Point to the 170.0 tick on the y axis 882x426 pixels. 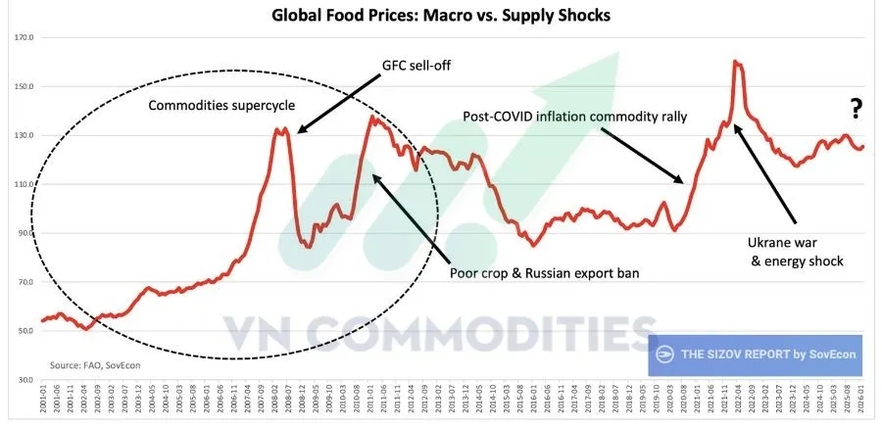tap(24, 37)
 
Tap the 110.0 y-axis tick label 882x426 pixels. tap(24, 184)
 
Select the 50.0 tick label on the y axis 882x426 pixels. tap(24, 331)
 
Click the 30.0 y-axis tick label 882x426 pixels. tap(24, 380)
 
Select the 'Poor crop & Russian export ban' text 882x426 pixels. tap(544, 273)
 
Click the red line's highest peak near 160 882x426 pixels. tap(736, 62)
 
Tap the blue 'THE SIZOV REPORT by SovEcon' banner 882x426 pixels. tap(755, 355)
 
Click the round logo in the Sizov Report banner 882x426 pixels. tap(665, 355)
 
